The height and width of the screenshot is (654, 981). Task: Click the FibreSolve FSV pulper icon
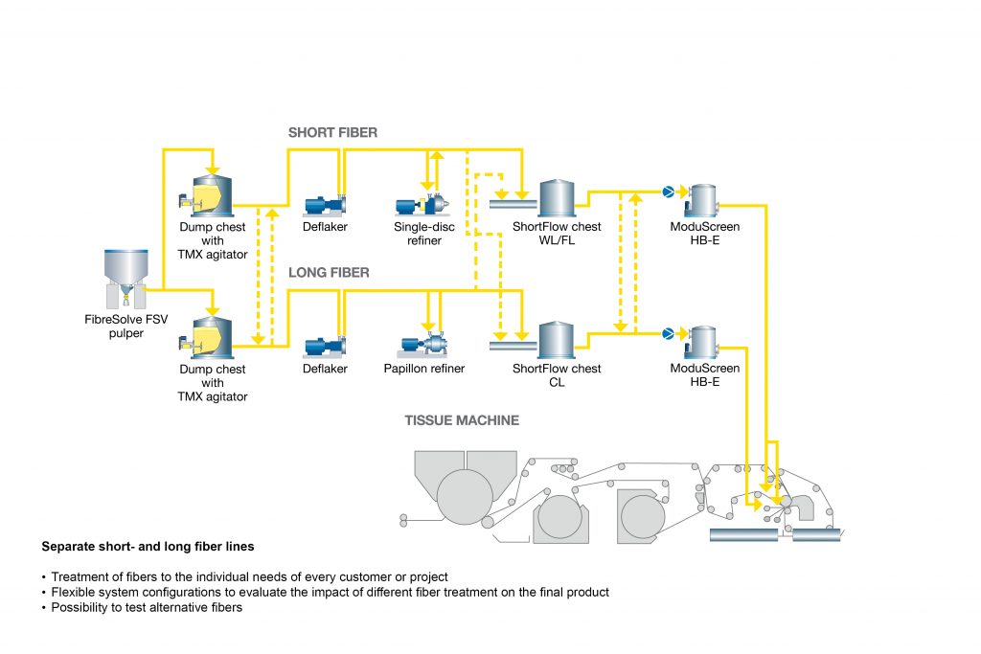pyautogui.click(x=125, y=279)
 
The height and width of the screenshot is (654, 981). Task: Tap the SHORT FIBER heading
pyautogui.click(x=332, y=132)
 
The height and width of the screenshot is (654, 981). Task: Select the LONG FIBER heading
pyautogui.click(x=329, y=273)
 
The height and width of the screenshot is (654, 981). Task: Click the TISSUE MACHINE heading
pyautogui.click(x=462, y=420)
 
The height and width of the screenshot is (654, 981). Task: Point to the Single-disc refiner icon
pyautogui.click(x=422, y=205)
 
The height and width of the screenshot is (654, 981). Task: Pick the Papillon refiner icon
pyautogui.click(x=423, y=345)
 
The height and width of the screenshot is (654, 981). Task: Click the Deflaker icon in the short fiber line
pyautogui.click(x=325, y=205)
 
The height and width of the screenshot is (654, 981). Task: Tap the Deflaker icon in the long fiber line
pyautogui.click(x=325, y=347)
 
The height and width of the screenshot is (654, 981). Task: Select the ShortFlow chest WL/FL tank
pyautogui.click(x=557, y=197)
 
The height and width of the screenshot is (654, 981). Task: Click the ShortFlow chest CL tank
pyautogui.click(x=557, y=340)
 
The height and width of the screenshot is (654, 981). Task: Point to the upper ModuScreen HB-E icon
pyautogui.click(x=702, y=201)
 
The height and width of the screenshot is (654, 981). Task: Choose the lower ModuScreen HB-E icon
pyautogui.click(x=702, y=343)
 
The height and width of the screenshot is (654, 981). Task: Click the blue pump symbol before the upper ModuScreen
pyautogui.click(x=668, y=192)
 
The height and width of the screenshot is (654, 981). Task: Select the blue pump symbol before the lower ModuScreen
pyautogui.click(x=668, y=334)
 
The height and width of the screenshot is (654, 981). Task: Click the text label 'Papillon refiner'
pyautogui.click(x=424, y=369)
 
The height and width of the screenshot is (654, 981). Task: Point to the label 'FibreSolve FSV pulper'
pyautogui.click(x=126, y=326)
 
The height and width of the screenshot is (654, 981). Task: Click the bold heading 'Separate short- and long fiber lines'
pyautogui.click(x=148, y=547)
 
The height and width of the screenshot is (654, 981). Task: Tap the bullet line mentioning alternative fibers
pyautogui.click(x=142, y=607)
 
